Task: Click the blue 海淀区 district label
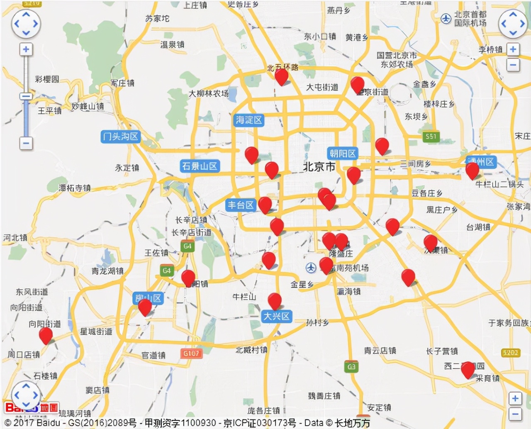(249, 120)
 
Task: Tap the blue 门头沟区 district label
(120, 136)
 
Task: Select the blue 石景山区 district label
(200, 166)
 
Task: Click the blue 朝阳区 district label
(343, 154)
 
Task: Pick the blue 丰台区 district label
(241, 205)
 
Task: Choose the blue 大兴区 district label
(277, 316)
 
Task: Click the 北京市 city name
(319, 167)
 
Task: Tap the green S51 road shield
(431, 136)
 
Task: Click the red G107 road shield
(191, 353)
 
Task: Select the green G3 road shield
(351, 366)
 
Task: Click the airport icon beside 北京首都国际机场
(446, 19)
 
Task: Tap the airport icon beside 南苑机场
(311, 268)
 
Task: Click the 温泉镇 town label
(172, 44)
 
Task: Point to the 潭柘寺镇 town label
(74, 188)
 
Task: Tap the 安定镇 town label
(379, 407)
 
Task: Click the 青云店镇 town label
(380, 351)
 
